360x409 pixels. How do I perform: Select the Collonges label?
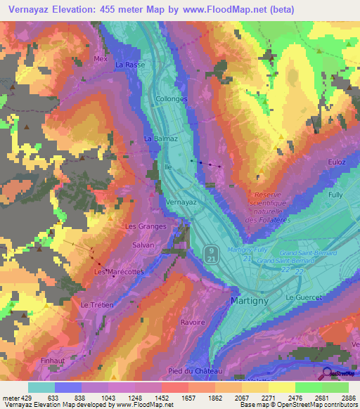(x=172, y=99)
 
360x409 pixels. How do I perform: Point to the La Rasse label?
(x=129, y=65)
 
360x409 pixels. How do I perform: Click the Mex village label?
(x=101, y=59)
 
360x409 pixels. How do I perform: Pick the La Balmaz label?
(x=160, y=138)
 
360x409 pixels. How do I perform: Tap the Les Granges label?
(x=145, y=226)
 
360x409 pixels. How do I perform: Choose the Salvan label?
(x=143, y=245)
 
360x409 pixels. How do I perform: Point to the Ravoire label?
(x=193, y=323)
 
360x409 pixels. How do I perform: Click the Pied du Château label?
(x=195, y=371)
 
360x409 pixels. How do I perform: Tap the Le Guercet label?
(x=303, y=297)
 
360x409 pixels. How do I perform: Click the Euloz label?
(x=336, y=162)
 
